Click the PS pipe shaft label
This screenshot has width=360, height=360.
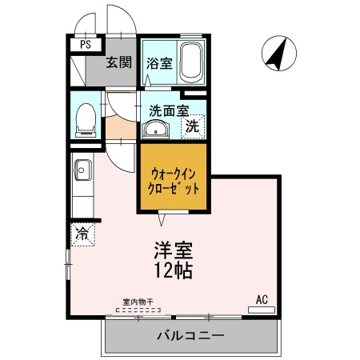86,44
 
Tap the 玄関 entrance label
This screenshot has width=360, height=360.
119,62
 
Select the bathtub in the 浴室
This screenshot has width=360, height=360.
190,62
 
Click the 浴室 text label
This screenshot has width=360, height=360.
159,63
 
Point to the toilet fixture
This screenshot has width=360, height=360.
86,121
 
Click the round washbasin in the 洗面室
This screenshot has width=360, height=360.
155,129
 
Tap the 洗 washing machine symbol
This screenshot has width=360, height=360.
193,126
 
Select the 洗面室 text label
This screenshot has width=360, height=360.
169,110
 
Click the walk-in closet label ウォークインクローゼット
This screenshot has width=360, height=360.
174,182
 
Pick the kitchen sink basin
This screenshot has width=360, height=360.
83,170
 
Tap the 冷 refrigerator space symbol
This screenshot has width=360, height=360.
82,234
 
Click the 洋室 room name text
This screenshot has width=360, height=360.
173,250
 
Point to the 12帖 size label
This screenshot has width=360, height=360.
174,270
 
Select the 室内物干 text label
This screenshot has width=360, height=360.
138,302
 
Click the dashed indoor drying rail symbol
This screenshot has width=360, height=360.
138,310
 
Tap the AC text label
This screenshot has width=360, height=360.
262,300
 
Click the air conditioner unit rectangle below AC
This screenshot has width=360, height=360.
262,310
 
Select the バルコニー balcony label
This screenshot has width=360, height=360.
190,335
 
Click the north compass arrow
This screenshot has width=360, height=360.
278,54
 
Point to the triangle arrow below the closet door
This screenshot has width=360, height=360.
162,220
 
